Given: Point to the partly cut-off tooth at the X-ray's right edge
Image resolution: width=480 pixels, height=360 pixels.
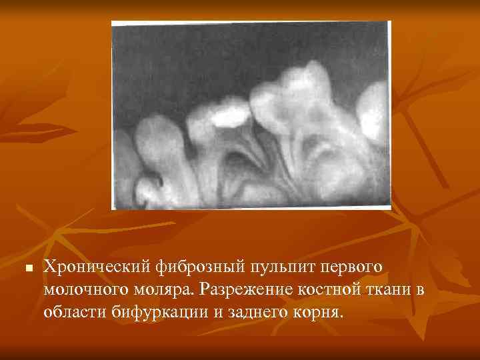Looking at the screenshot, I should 373,113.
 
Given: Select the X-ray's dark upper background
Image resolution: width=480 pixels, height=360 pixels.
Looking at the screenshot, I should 200,53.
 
